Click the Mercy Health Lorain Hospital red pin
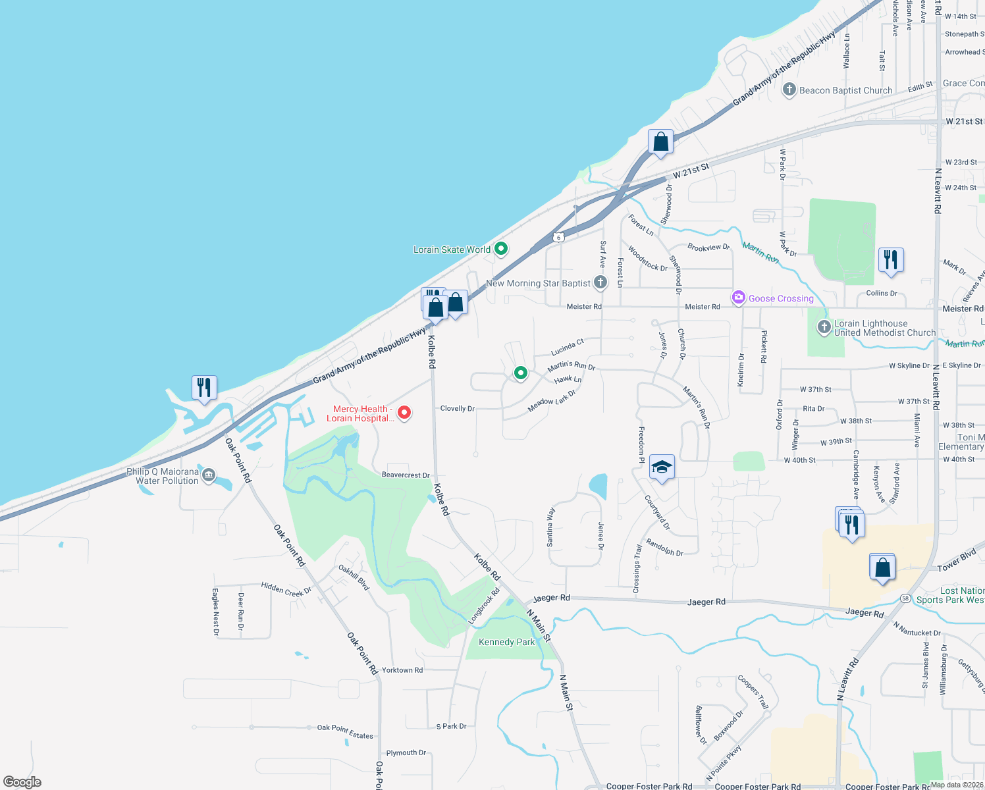(x=404, y=413)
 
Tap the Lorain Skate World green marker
(x=501, y=249)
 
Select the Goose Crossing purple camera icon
(x=739, y=298)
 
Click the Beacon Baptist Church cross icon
(x=789, y=90)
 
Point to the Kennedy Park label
(x=506, y=642)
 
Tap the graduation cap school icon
(x=662, y=467)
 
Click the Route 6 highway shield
(x=558, y=237)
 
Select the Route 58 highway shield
(x=906, y=598)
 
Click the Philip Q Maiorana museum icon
(x=209, y=475)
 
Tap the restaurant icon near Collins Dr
(x=890, y=260)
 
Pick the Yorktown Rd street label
(x=402, y=670)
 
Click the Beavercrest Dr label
(x=406, y=475)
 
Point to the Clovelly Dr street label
(x=457, y=409)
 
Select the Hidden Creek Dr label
(x=286, y=588)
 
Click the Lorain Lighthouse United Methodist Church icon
(x=824, y=327)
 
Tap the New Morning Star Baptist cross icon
(x=600, y=283)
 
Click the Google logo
(x=22, y=782)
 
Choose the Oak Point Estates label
(x=345, y=731)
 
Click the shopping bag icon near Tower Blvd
(x=882, y=567)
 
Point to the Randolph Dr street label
(x=664, y=548)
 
